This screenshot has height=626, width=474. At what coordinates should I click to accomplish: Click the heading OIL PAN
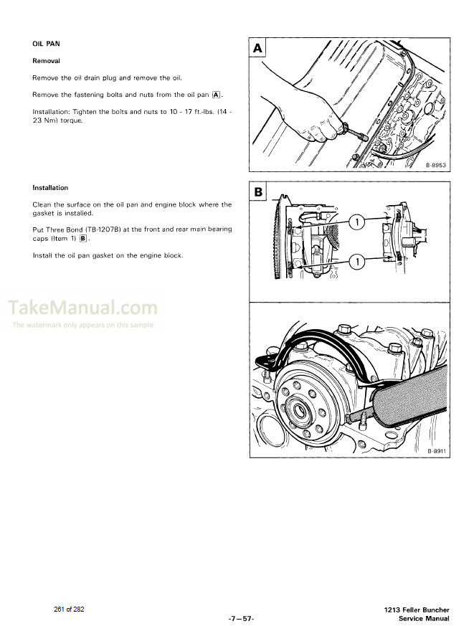(47, 44)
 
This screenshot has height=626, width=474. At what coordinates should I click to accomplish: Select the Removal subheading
(46, 61)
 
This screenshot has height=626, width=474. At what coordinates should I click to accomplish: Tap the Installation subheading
(50, 188)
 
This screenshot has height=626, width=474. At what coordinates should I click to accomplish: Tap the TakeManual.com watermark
(82, 309)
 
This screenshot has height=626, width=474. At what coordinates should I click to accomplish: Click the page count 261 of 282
(70, 609)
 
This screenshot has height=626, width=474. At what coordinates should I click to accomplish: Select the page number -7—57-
(237, 618)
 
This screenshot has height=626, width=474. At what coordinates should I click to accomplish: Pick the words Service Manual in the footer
(424, 618)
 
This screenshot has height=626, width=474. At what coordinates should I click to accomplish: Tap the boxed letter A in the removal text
(217, 95)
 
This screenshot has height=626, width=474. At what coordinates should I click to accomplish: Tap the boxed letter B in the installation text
(83, 238)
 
